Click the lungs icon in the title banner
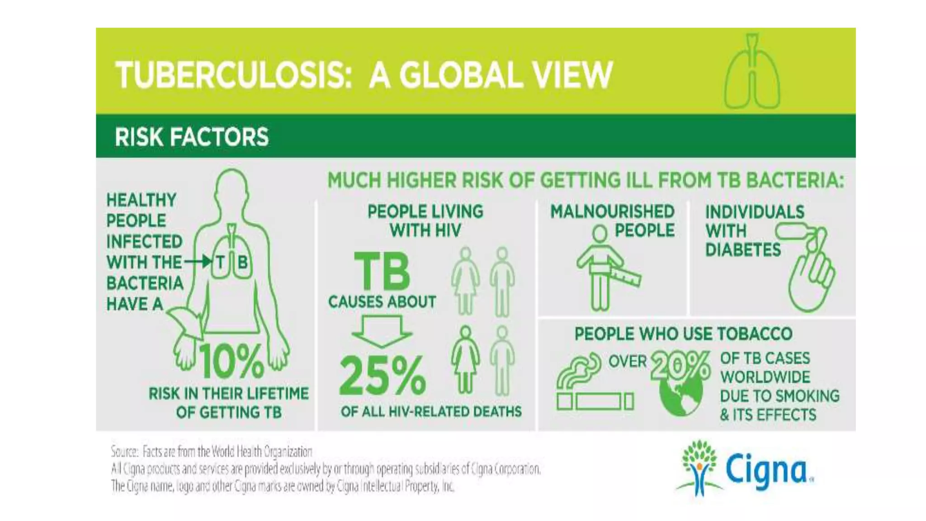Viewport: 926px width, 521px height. (752, 72)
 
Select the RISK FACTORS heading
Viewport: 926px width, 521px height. (192, 137)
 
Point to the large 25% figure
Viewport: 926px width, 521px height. (382, 375)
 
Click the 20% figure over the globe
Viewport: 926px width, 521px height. (680, 365)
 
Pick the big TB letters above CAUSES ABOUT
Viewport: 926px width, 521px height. (382, 271)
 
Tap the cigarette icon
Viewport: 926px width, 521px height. (595, 401)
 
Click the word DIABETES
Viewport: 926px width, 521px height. (743, 250)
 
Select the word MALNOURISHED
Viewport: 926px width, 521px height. (612, 212)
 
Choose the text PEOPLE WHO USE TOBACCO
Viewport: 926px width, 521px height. (683, 334)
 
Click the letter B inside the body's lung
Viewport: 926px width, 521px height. (242, 262)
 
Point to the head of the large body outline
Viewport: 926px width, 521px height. (231, 185)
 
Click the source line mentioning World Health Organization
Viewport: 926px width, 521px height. (212, 451)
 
